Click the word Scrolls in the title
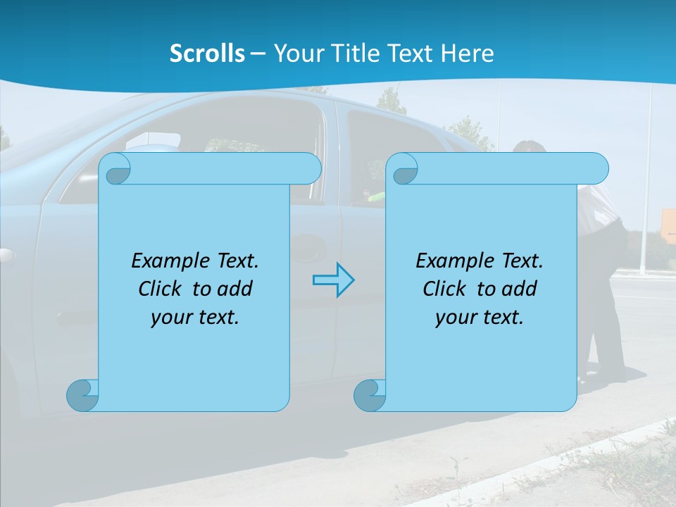click(x=207, y=54)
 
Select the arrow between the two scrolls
click(x=333, y=280)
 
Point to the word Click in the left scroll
click(x=159, y=289)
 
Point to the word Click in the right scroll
click(x=444, y=289)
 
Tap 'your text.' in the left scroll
click(x=195, y=317)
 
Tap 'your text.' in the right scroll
click(x=480, y=317)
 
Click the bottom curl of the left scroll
click(x=82, y=395)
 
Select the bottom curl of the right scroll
click(x=370, y=395)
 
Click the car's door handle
click(x=308, y=246)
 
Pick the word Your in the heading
click(x=297, y=54)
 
